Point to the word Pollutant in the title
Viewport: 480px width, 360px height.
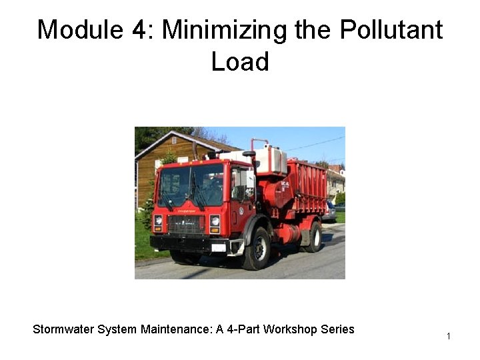coord(391,30)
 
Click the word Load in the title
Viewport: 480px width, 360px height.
coord(240,62)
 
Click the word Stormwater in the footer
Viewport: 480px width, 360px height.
coord(65,329)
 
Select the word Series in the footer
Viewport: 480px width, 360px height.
coord(336,329)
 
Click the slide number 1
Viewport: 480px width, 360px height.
coord(449,336)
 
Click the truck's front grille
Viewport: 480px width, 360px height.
coord(186,224)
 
